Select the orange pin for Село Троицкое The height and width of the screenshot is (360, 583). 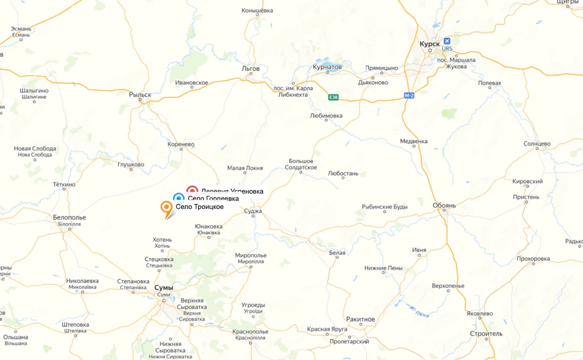[167, 207]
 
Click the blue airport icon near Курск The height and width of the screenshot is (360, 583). [447, 41]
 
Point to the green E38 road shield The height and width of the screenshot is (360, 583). [334, 97]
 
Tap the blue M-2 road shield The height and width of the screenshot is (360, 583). [409, 95]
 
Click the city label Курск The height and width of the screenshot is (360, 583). [429, 44]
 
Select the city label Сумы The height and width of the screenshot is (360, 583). [164, 287]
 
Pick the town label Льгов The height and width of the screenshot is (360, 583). [251, 69]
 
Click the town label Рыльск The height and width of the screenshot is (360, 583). [140, 94]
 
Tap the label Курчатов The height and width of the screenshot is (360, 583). [327, 67]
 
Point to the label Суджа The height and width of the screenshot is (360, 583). [253, 211]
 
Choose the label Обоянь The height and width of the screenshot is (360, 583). [444, 205]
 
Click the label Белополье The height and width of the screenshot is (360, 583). [69, 217]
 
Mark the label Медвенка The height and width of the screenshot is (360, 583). [414, 141]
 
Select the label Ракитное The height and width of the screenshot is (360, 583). [360, 319]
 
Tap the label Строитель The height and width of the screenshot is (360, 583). [486, 333]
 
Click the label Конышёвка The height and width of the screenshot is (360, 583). [257, 10]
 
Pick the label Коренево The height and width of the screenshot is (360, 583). [181, 144]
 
